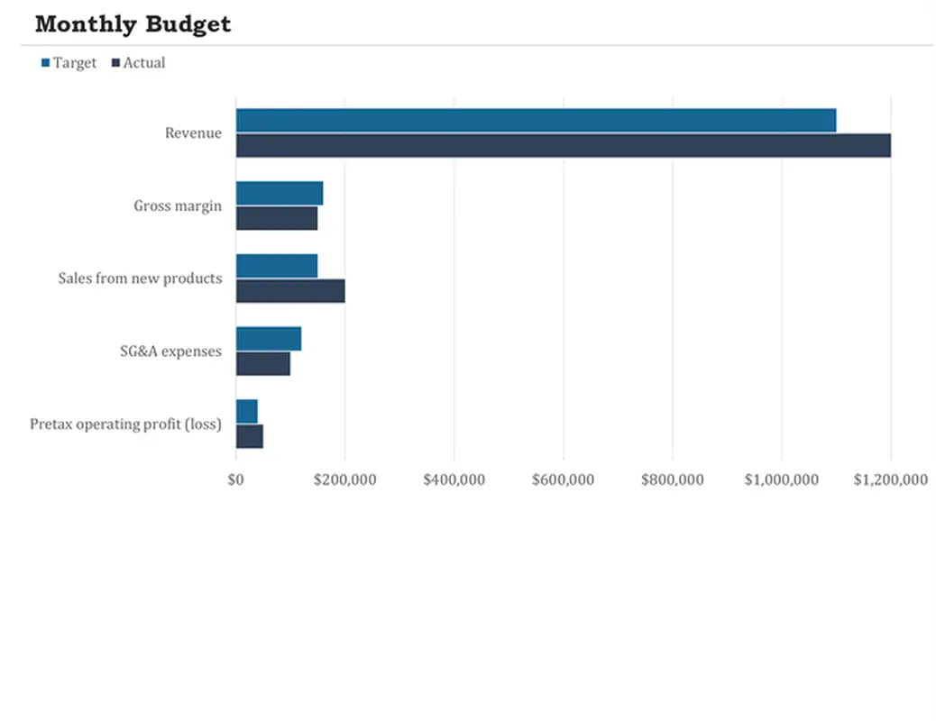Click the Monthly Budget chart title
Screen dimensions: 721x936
tap(133, 24)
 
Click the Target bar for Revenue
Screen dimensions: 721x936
tap(536, 120)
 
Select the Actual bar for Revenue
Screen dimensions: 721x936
tap(563, 145)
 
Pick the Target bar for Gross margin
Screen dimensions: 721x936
tap(280, 193)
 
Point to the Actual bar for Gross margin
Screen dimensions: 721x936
tap(277, 218)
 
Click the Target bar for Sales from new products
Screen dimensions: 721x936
tap(277, 266)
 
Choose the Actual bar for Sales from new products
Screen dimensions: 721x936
tap(290, 291)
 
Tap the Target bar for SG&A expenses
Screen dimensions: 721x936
tap(269, 339)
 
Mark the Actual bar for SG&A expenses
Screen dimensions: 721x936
tap(263, 364)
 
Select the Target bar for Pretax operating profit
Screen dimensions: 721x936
tap(247, 411)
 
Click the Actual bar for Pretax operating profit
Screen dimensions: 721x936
tap(250, 436)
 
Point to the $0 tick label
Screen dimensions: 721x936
tap(236, 480)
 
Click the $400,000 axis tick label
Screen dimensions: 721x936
tap(454, 480)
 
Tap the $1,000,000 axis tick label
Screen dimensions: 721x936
tap(781, 480)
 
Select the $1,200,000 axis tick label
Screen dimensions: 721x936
tap(890, 480)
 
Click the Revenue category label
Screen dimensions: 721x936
tap(193, 133)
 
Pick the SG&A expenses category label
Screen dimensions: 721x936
tap(170, 351)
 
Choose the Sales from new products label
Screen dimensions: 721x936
tap(140, 278)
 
